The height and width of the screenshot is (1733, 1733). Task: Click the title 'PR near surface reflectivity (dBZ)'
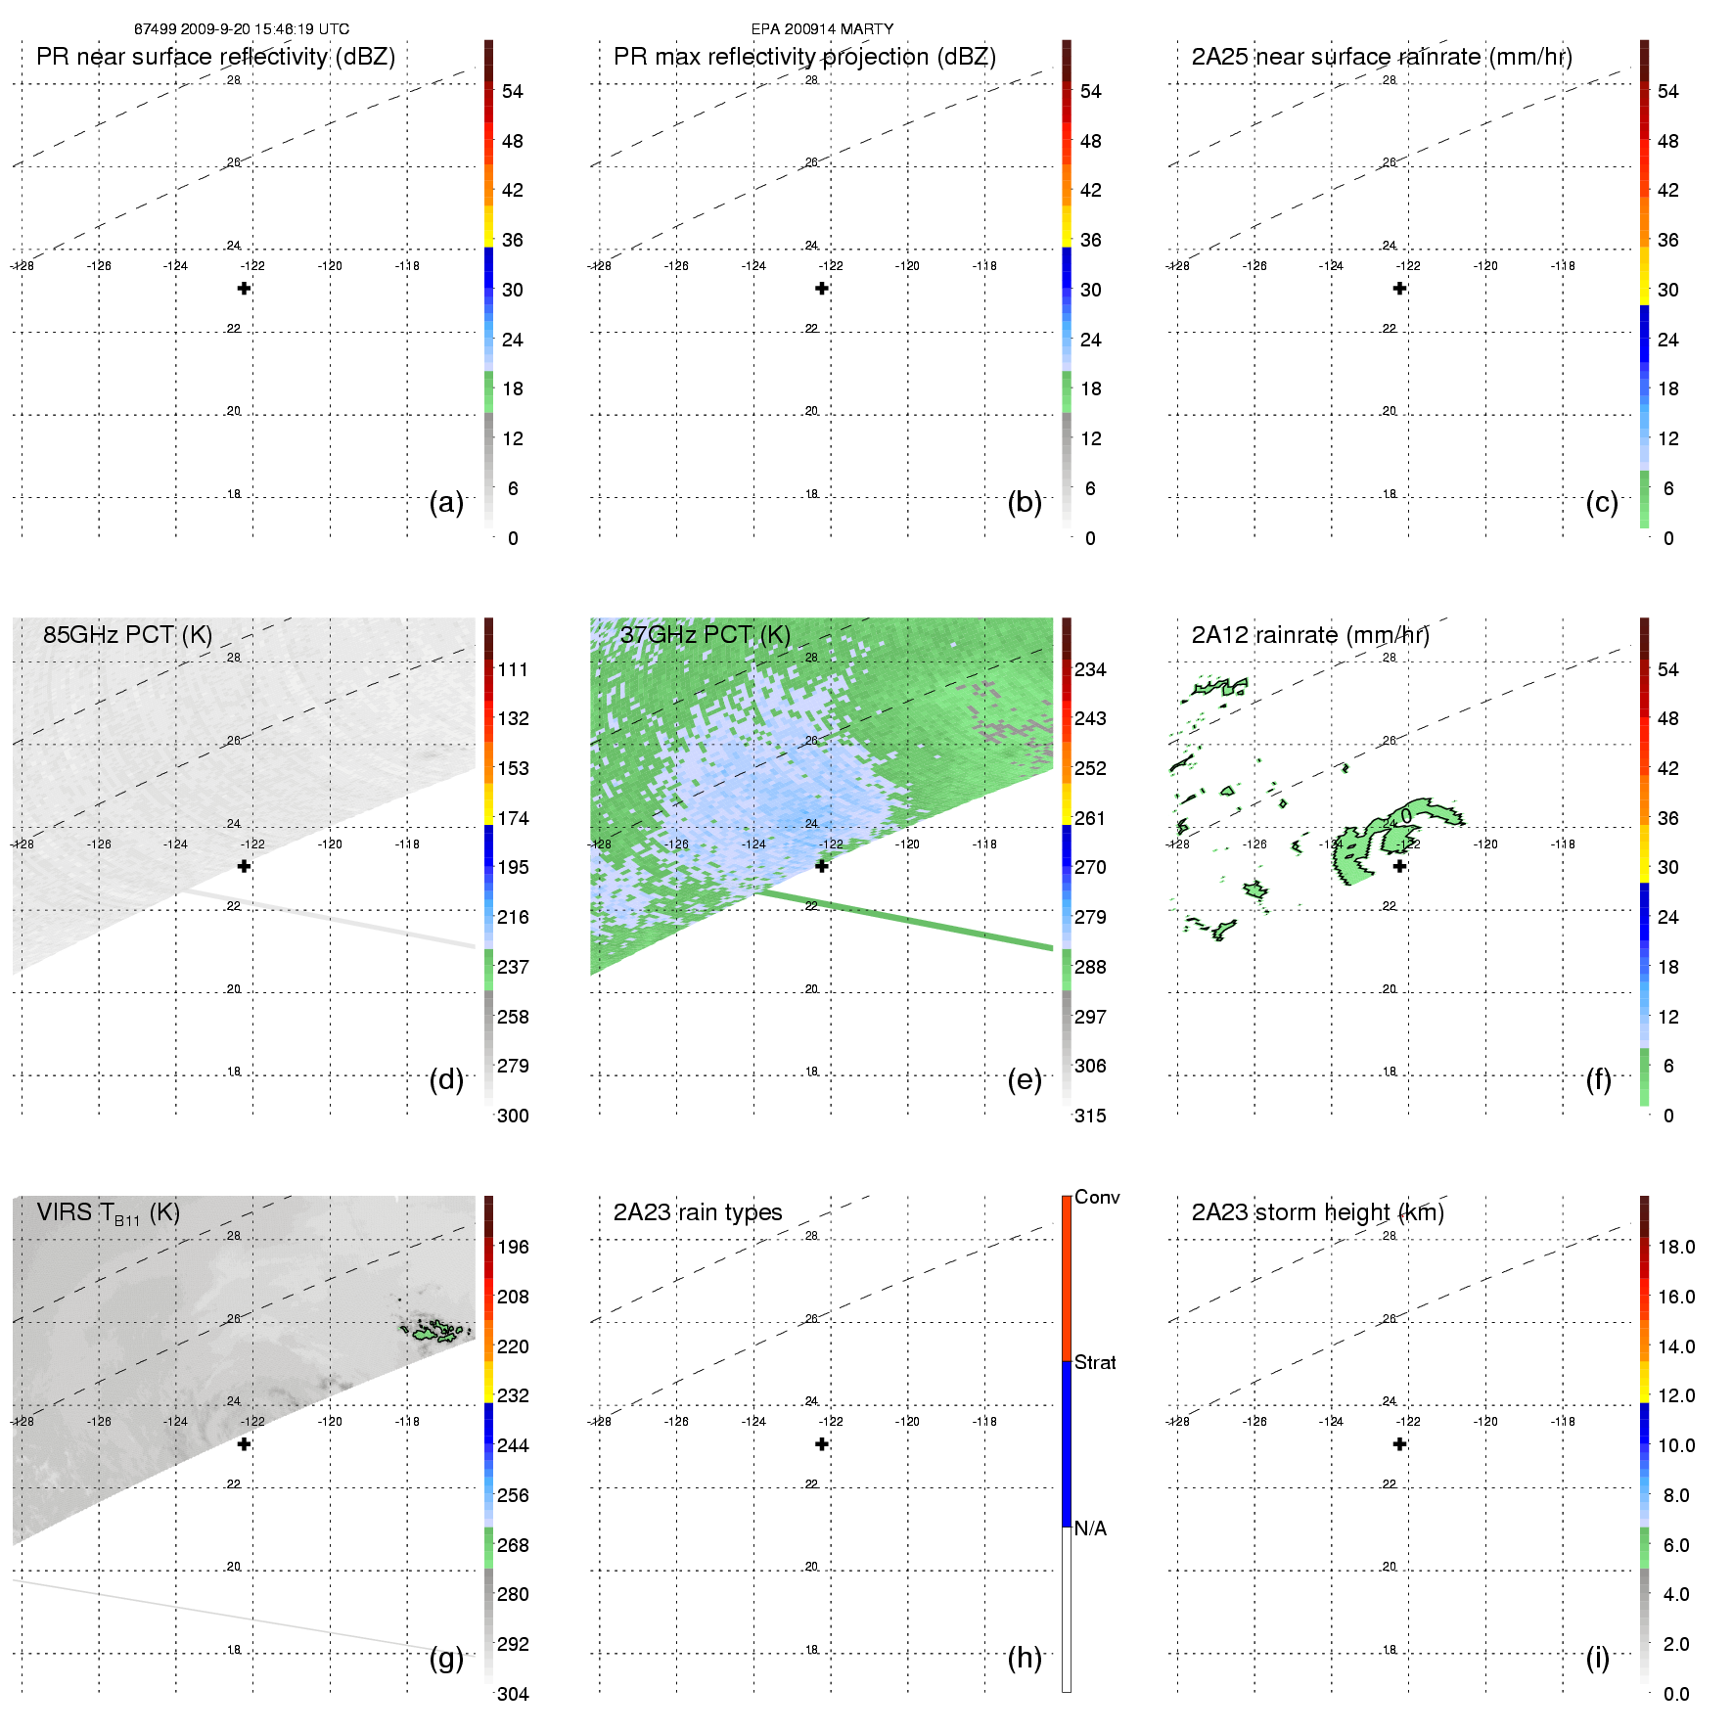[215, 57]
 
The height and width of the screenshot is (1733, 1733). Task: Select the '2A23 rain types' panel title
[697, 1212]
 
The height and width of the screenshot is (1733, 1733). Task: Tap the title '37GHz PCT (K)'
[705, 635]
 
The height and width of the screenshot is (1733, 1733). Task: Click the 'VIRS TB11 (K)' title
[108, 1213]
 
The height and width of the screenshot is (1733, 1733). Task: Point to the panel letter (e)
[1024, 1080]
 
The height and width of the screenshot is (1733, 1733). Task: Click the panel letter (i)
[1597, 1658]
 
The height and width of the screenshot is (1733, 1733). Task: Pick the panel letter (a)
[446, 503]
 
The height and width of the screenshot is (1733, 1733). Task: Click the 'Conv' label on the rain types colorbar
[1096, 1198]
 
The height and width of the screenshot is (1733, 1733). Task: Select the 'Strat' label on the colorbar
[1095, 1362]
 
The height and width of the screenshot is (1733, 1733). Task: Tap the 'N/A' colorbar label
[1090, 1528]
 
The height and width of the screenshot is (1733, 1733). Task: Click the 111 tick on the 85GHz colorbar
[513, 669]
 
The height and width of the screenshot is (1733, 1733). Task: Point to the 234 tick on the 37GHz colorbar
[1090, 669]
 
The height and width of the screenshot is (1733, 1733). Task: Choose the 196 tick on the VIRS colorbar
[513, 1247]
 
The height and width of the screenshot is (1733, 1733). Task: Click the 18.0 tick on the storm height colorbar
[1675, 1247]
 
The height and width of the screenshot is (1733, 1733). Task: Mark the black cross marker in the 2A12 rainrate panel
[1399, 866]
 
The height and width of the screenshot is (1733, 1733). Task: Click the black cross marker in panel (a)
[244, 289]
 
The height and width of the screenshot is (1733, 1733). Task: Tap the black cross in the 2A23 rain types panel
[822, 1444]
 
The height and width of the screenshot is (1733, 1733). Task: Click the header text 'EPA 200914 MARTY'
[822, 29]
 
